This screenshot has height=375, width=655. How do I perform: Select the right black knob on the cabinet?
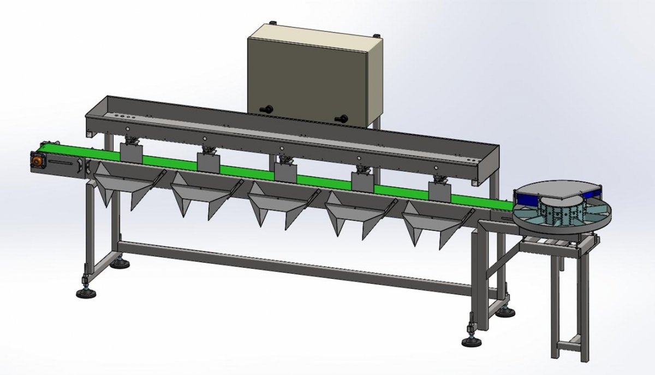coord(343,117)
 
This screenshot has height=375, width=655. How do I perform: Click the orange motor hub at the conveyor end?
coord(37,161)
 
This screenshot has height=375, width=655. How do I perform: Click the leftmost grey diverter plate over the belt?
coord(131,153)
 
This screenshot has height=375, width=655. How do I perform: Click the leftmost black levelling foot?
coord(84,294)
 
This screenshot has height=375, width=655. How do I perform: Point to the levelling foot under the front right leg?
coord(471,342)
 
